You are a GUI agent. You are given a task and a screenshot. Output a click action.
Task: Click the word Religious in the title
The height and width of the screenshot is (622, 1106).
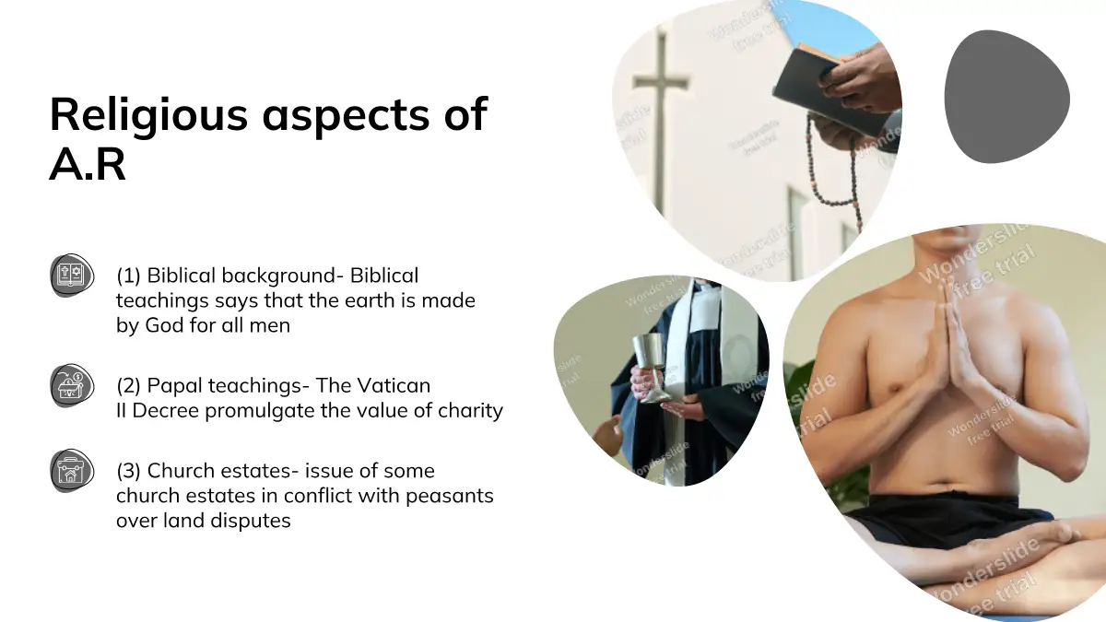[x=148, y=116]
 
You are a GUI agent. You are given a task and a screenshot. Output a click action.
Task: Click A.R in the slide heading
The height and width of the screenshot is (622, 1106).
[x=88, y=164]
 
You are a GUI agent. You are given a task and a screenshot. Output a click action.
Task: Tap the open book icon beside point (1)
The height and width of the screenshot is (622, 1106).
[x=72, y=276]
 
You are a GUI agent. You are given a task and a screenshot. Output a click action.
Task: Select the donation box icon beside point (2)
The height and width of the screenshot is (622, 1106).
[x=72, y=385]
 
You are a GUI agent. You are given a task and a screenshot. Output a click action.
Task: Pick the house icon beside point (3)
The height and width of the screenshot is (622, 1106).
[x=72, y=471]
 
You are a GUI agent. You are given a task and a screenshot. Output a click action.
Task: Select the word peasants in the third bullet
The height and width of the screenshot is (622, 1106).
[x=450, y=496]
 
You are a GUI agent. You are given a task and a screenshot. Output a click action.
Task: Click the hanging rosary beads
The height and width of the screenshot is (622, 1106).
[x=834, y=168]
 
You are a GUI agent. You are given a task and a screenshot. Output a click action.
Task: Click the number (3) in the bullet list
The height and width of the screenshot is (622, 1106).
[x=129, y=471]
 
